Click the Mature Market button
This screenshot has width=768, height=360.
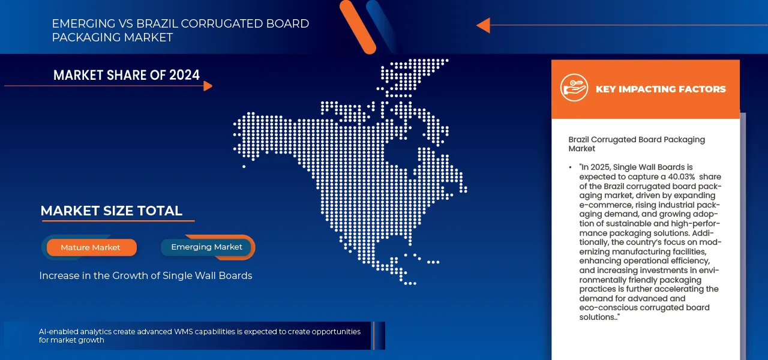[x=91, y=247]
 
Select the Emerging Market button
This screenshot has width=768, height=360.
[x=206, y=247]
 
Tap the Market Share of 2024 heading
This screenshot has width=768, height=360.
[x=126, y=75]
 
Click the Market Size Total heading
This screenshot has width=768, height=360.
[x=111, y=211]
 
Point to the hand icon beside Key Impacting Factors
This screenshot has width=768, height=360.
[x=574, y=88]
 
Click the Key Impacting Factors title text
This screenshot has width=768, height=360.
[x=660, y=89]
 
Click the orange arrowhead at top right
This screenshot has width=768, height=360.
[x=483, y=25]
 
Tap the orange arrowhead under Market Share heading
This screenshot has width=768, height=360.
[x=208, y=86]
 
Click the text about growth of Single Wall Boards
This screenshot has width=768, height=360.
[x=145, y=275]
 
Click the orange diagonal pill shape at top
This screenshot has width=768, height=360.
[x=357, y=26]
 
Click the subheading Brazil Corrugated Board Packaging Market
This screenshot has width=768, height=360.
[x=636, y=143]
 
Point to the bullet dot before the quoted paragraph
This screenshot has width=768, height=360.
[x=570, y=167]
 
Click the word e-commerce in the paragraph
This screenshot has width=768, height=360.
[x=605, y=205]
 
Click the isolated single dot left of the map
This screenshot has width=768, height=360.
[x=244, y=166]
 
